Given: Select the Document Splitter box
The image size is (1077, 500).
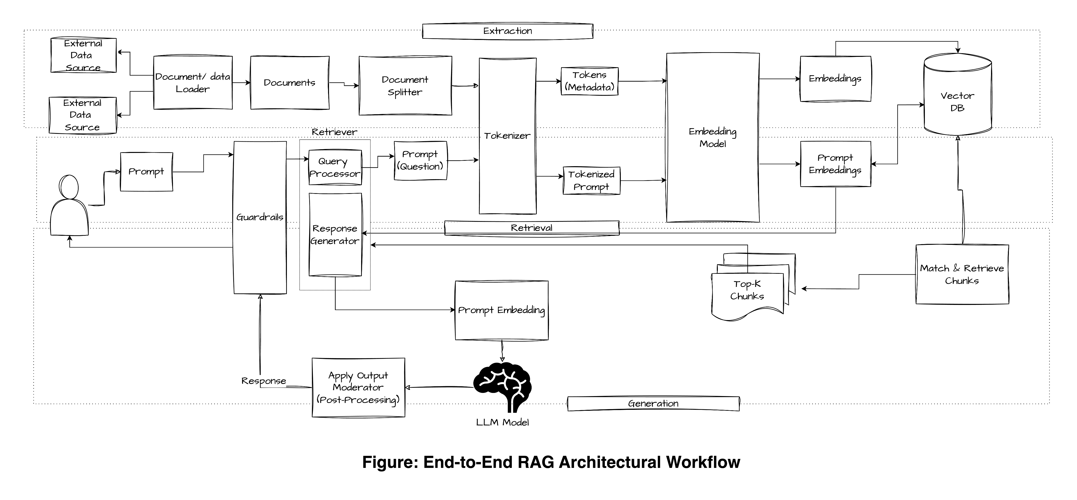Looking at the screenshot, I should coord(405,86).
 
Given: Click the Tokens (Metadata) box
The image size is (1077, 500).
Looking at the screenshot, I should coord(589,81).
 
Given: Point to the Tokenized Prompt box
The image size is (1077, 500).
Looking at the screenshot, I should coord(591,181).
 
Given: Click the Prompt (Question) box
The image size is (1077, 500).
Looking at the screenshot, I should coord(420,161).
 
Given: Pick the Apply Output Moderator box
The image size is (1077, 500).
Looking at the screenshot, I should coord(358,387).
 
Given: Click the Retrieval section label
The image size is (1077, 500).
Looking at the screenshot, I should coord(531,228).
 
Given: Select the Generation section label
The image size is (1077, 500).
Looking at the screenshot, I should coord(653,404).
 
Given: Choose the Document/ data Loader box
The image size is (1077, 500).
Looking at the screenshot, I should coord(193,83).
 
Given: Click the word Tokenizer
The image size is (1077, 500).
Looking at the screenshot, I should coord(507,136).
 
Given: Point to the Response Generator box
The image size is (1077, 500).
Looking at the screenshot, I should coord(335,235).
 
